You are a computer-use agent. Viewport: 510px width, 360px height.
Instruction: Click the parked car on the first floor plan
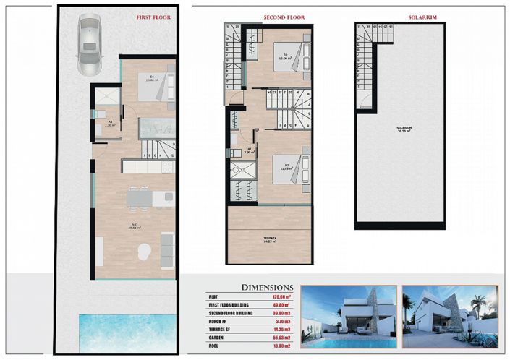pyautogui.click(x=90, y=47)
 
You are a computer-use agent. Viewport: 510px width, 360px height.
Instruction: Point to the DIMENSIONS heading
pyautogui.click(x=267, y=287)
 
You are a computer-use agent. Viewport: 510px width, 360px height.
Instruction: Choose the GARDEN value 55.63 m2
pyautogui.click(x=280, y=338)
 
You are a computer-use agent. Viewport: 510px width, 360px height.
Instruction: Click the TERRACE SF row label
pyautogui.click(x=224, y=330)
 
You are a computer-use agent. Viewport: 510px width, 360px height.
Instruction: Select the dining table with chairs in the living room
pyautogui.click(x=139, y=198)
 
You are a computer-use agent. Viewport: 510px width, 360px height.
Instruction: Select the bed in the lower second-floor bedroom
pyautogui.click(x=287, y=171)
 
